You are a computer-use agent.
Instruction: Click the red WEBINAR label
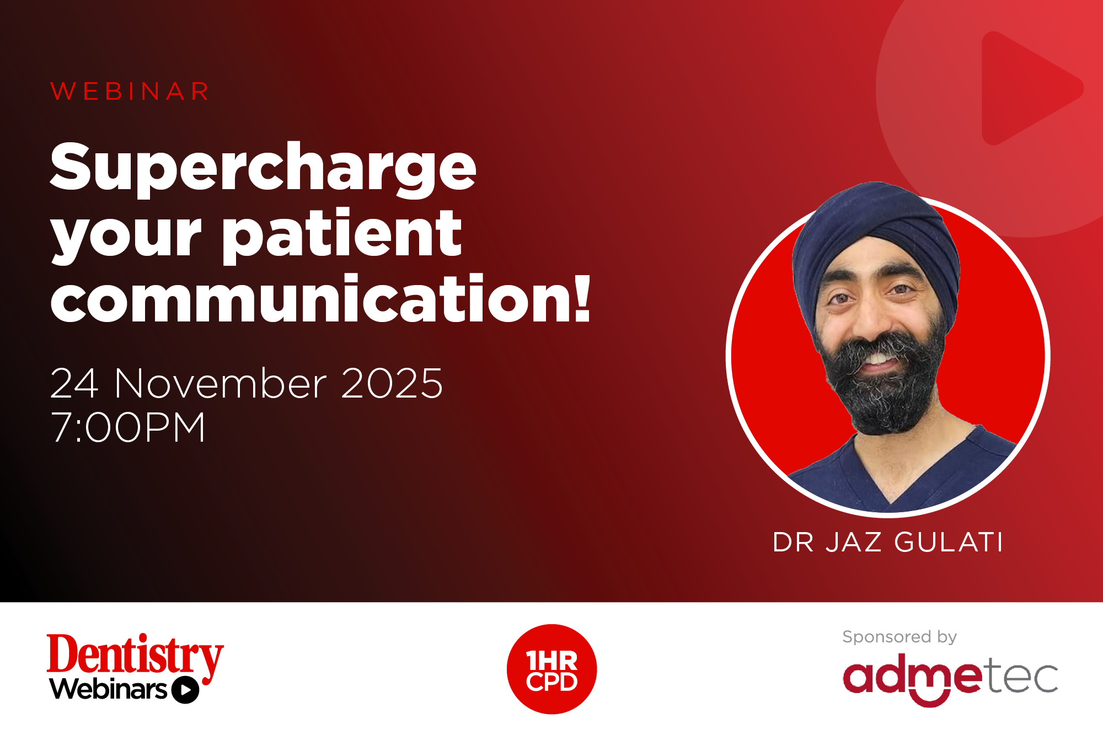tap(130, 92)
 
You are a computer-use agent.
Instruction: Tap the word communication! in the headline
tap(320, 299)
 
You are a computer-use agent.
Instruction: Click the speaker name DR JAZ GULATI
tap(888, 542)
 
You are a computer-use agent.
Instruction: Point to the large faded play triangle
tap(1026, 88)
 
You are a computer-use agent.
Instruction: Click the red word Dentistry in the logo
tap(135, 655)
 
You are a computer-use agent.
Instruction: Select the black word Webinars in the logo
tap(109, 689)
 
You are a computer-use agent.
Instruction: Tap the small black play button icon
tap(185, 690)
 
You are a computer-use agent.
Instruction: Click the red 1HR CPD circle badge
tap(551, 669)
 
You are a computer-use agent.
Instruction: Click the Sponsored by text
tap(899, 637)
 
